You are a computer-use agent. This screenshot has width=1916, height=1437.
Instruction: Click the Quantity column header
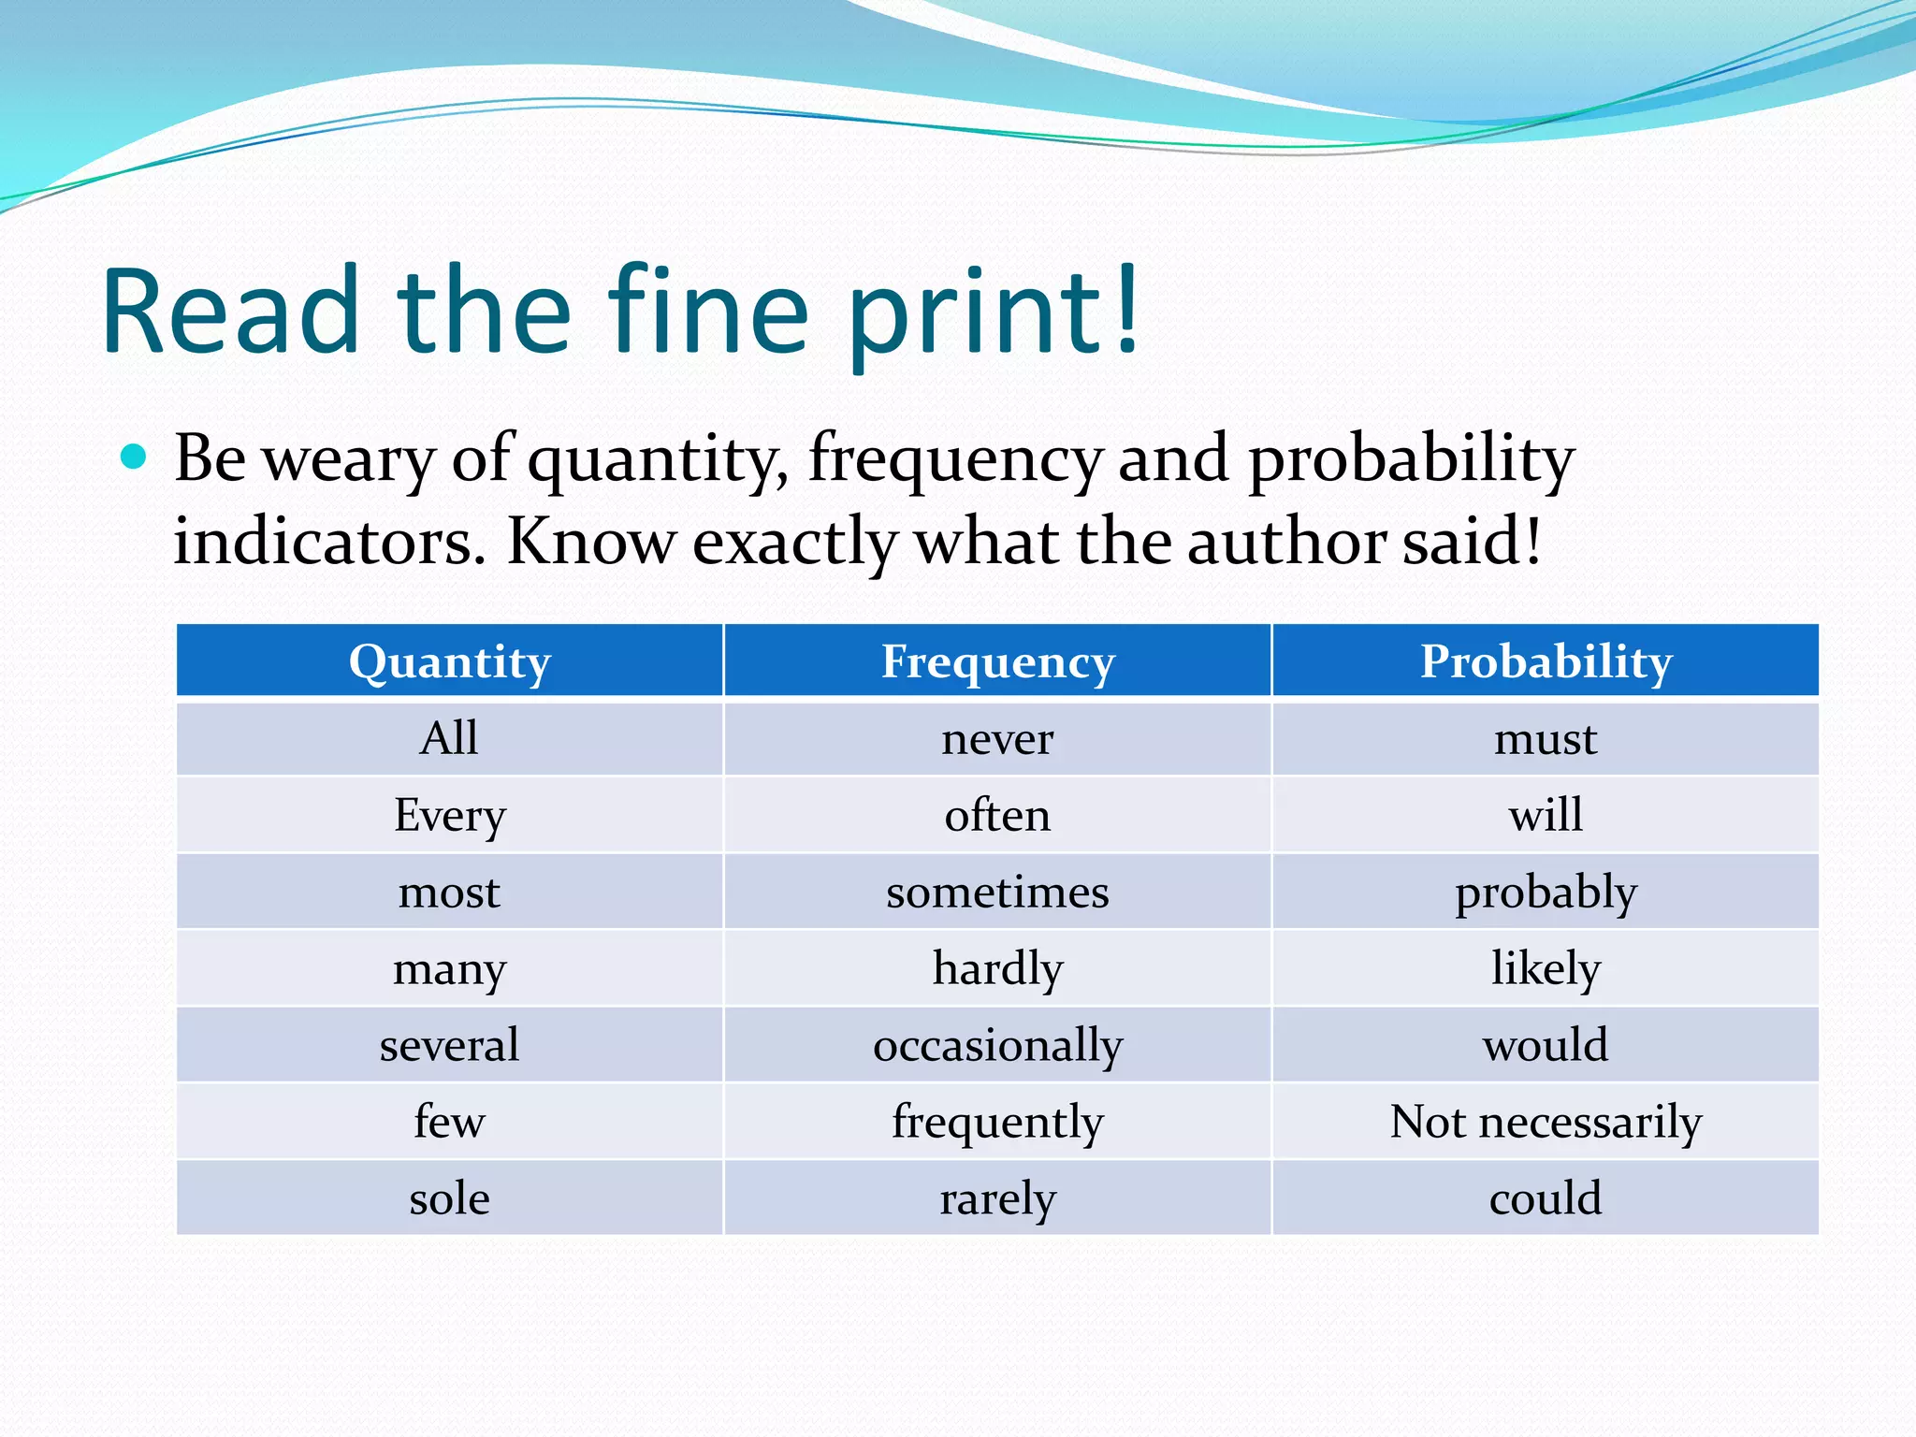tap(450, 661)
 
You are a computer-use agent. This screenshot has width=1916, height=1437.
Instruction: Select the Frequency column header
tap(997, 661)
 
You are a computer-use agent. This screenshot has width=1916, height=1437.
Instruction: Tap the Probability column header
tap(1546, 661)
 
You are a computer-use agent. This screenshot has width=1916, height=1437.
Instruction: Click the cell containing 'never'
tap(997, 739)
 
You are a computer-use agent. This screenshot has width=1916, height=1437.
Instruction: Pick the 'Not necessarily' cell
tap(1546, 1121)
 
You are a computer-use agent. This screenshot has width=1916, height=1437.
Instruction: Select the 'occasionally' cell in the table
tap(997, 1045)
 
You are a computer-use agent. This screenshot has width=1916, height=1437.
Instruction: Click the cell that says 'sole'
tap(450, 1198)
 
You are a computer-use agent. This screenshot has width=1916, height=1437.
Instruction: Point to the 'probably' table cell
tap(1546, 893)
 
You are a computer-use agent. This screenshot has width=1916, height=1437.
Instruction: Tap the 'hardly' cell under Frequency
tap(997, 968)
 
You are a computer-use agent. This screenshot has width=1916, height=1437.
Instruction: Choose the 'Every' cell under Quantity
tap(450, 816)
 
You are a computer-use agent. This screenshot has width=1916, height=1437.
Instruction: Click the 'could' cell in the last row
tap(1546, 1198)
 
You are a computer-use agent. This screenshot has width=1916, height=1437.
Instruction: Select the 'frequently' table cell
tap(997, 1121)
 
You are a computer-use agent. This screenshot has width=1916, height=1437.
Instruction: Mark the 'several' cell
tap(450, 1045)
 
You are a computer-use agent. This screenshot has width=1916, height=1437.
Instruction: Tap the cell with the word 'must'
tap(1546, 739)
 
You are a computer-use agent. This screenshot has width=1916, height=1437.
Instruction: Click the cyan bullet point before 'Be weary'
tap(135, 457)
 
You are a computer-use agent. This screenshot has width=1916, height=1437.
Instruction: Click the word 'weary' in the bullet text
tap(348, 460)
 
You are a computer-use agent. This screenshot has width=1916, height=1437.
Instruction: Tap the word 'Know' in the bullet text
tap(590, 543)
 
